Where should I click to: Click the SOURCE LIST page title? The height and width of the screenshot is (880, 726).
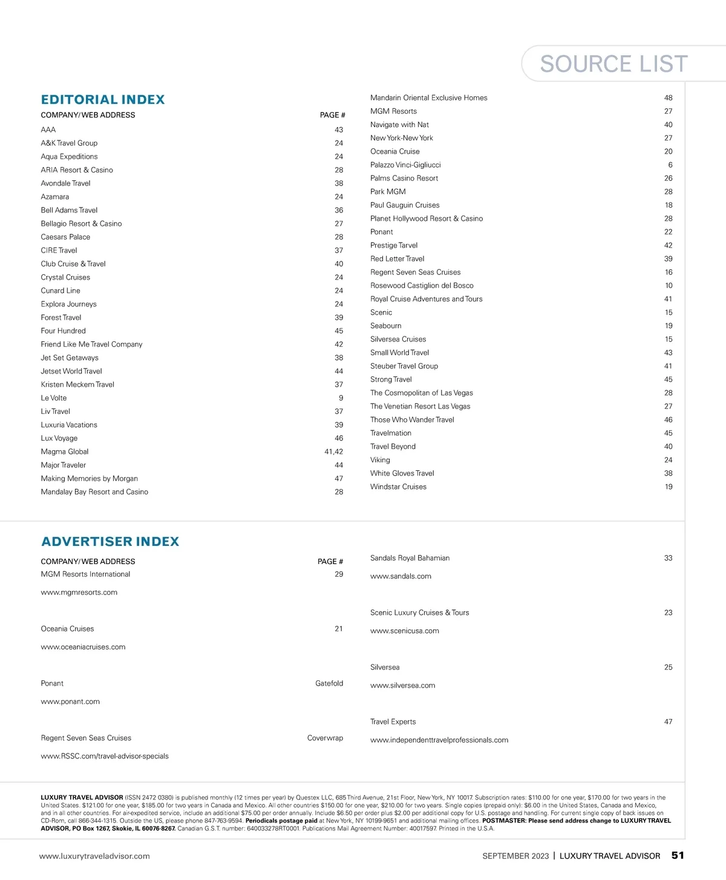click(x=613, y=64)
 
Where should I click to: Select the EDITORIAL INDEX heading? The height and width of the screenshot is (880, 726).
click(x=103, y=100)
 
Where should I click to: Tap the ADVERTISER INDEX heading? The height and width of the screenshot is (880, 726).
click(x=110, y=542)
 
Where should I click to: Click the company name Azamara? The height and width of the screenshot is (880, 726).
click(x=55, y=197)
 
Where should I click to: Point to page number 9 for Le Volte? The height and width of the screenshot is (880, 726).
click(x=341, y=398)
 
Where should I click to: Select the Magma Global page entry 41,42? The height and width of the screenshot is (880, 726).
click(x=333, y=451)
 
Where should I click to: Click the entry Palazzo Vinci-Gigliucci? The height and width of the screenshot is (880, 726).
click(x=405, y=165)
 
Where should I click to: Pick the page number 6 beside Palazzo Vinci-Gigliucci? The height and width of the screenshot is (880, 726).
click(x=670, y=165)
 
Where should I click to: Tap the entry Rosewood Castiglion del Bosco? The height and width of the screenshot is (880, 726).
click(x=422, y=286)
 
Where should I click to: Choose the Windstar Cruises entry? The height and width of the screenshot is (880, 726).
click(x=398, y=487)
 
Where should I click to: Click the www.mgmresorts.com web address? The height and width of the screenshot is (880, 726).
click(x=79, y=593)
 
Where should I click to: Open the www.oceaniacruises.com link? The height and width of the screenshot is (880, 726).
click(x=83, y=647)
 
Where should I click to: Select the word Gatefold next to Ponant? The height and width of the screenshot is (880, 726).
click(x=329, y=683)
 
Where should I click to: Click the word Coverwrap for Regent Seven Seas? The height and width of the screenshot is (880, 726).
click(x=325, y=738)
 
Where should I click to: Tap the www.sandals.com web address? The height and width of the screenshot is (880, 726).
click(x=401, y=576)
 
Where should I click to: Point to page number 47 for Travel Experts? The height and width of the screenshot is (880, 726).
click(x=668, y=721)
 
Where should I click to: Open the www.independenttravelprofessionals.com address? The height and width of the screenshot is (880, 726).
click(x=439, y=740)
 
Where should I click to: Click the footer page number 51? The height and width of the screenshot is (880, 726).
click(x=678, y=855)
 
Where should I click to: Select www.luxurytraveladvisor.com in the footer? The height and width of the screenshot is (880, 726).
click(x=94, y=856)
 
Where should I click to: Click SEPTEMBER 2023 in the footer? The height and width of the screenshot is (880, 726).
click(x=515, y=856)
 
